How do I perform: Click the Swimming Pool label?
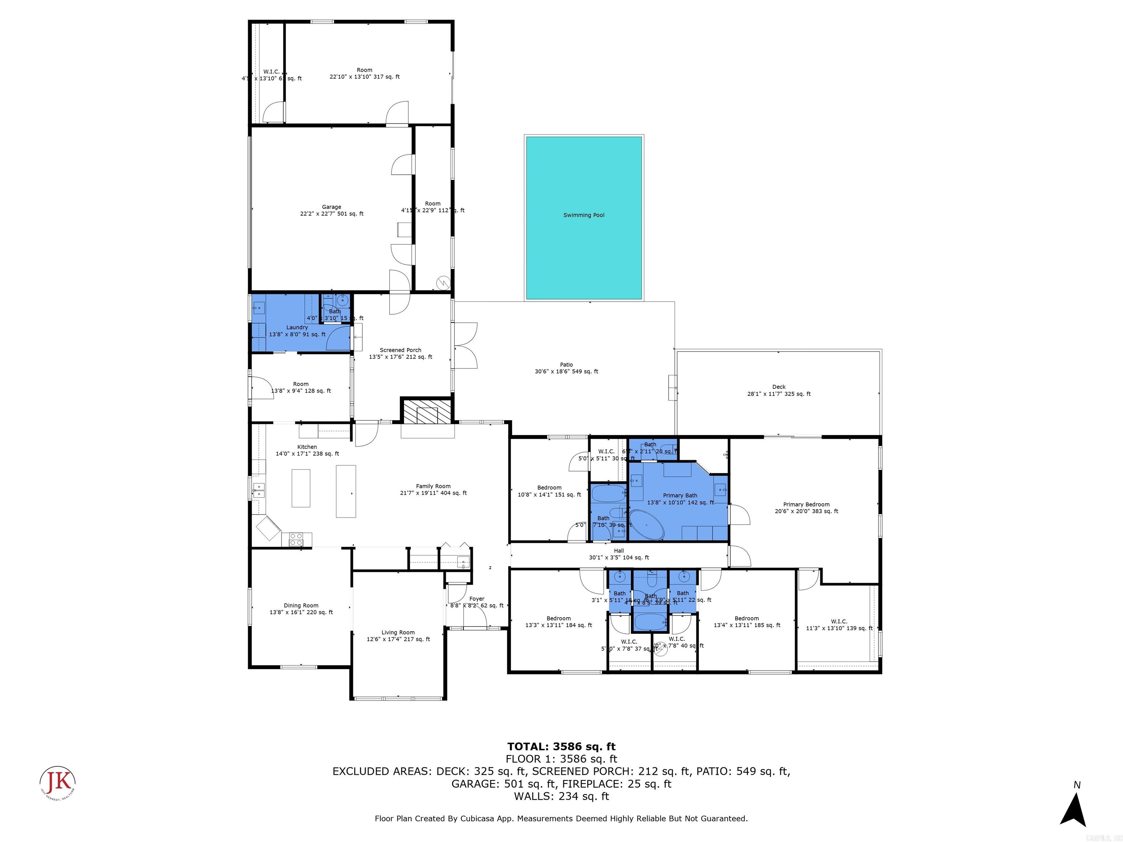click(584, 215)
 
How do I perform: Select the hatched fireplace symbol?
click(427, 411)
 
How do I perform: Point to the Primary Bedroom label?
click(806, 504)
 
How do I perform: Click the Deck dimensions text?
click(779, 394)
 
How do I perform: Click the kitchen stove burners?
click(296, 539)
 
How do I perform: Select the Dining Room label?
click(301, 606)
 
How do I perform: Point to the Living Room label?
click(398, 632)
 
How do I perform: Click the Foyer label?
click(477, 599)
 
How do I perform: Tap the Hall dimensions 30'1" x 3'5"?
click(619, 557)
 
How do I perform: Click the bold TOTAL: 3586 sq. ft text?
click(561, 747)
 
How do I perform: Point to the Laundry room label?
click(297, 327)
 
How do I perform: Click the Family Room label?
click(433, 486)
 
